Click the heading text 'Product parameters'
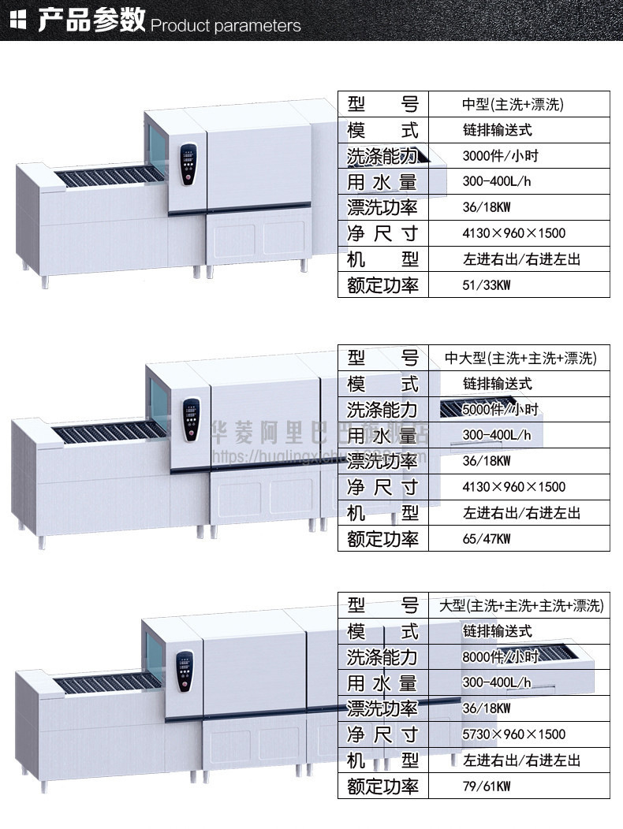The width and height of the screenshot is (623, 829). tap(226, 26)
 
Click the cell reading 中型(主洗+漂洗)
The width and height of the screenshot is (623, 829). tap(513, 104)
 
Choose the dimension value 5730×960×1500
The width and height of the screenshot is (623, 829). tap(513, 734)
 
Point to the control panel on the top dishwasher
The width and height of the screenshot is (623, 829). tap(188, 164)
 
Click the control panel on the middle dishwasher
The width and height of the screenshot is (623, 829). tap(190, 419)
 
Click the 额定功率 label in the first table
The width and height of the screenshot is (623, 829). tap(382, 285)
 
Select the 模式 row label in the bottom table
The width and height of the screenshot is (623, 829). tap(382, 632)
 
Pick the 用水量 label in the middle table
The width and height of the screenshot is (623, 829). tap(382, 435)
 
